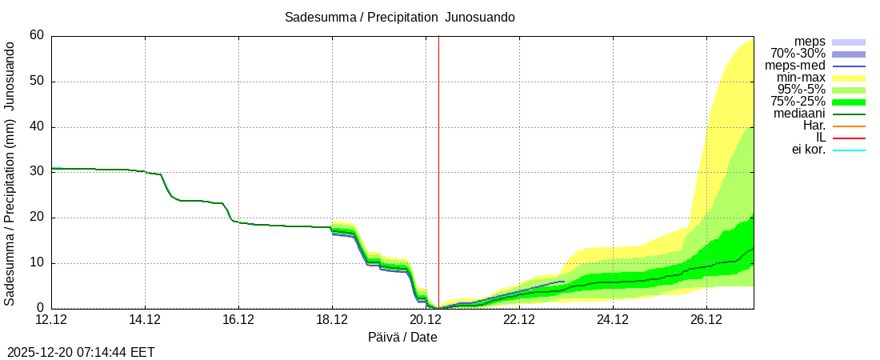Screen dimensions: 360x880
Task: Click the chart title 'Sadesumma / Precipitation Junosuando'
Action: click(x=399, y=18)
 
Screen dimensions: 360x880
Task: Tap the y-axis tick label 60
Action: click(x=37, y=35)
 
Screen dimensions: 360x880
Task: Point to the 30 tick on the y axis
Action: click(x=37, y=172)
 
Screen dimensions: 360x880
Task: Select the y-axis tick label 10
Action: click(x=37, y=263)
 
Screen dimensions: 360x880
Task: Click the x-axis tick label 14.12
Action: click(x=145, y=321)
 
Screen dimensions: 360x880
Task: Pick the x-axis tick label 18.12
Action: click(x=332, y=321)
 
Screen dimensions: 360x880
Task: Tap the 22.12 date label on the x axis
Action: click(x=519, y=321)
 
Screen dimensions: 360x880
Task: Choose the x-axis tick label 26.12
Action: click(x=706, y=321)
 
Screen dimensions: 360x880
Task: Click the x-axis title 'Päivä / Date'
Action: click(x=402, y=337)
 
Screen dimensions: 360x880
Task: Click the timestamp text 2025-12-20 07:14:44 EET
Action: click(x=81, y=352)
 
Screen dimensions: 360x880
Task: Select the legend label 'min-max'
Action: click(x=800, y=78)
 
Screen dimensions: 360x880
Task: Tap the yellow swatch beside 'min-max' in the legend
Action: click(x=849, y=78)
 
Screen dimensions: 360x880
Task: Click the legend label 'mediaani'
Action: click(x=799, y=114)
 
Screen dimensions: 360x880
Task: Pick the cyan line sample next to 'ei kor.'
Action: click(x=849, y=150)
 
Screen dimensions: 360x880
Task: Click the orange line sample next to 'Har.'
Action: click(x=849, y=126)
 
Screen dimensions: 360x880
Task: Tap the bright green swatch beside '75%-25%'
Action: click(x=849, y=102)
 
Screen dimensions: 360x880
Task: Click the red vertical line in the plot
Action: click(x=438, y=160)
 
